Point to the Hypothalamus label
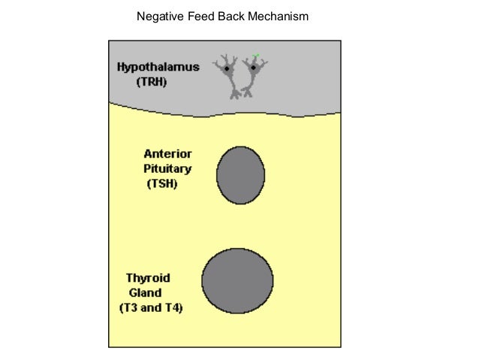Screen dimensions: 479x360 [158, 67]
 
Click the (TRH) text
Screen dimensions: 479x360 [152, 82]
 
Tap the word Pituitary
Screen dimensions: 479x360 [167, 168]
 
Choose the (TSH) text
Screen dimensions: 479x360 [162, 183]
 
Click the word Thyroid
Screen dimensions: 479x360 [147, 278]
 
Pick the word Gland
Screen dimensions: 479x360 [145, 292]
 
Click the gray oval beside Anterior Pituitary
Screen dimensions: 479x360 [240, 176]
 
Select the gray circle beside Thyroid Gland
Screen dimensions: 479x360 [237, 280]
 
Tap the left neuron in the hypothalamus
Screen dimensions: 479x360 [228, 75]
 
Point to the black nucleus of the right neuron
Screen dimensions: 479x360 [254, 68]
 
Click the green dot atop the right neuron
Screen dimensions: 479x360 [256, 55]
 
